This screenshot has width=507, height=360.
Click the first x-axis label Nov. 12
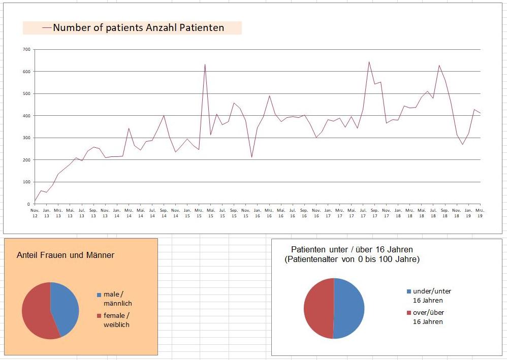coord(35,213)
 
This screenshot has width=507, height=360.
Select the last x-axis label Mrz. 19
coord(479,213)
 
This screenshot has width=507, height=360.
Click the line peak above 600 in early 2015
coord(205,65)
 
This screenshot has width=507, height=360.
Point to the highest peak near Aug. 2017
coord(369,62)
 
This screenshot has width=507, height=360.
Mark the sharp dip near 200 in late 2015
coord(251,157)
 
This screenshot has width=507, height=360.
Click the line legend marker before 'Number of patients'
coord(47,28)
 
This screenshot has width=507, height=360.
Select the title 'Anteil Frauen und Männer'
coord(66,255)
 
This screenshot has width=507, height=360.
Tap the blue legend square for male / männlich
coord(99,294)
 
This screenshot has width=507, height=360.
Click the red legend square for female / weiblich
coord(99,316)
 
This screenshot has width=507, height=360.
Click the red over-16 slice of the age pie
coord(319,308)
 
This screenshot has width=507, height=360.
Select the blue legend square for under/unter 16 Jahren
coord(408,291)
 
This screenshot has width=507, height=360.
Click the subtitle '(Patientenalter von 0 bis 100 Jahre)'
coord(352,259)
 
